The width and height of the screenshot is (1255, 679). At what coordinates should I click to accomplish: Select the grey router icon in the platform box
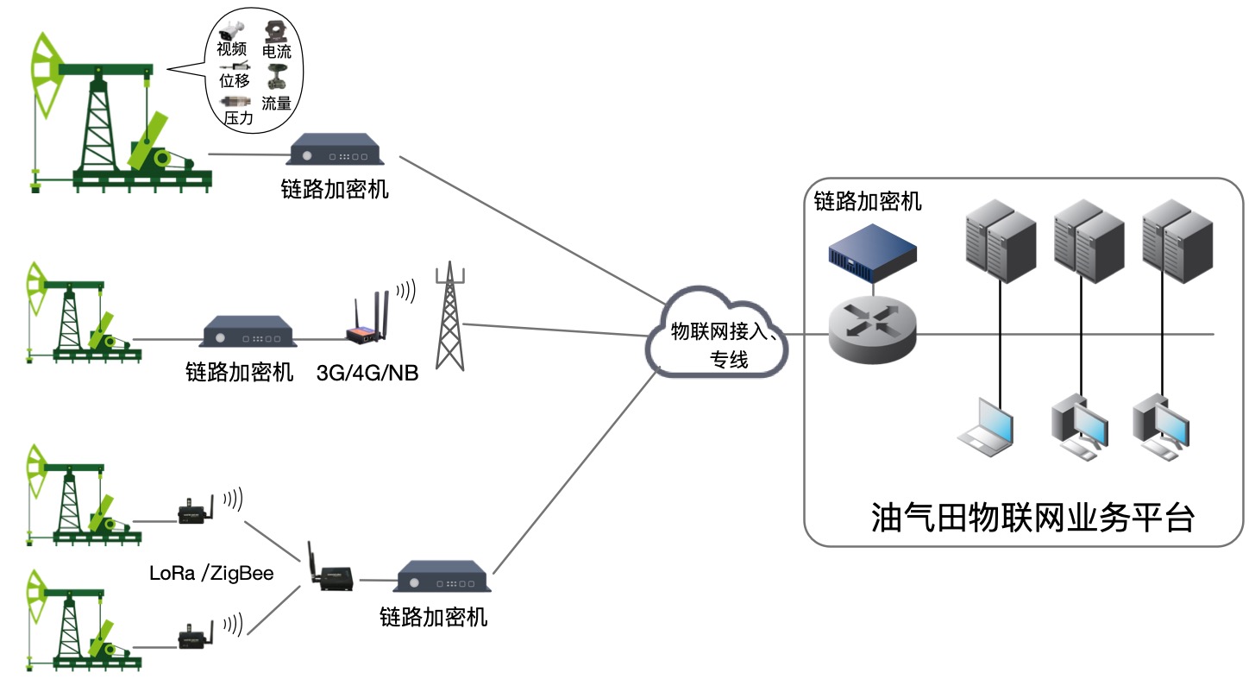(x=872, y=331)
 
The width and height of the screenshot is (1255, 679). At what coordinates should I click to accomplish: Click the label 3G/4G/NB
(x=367, y=374)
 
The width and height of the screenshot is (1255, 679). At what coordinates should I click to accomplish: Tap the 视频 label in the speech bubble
(x=232, y=49)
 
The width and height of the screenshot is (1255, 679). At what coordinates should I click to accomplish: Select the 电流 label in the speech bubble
(x=276, y=53)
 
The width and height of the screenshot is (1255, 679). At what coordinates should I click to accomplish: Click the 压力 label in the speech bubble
(x=238, y=119)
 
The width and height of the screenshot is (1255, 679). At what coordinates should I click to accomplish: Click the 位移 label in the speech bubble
(x=235, y=81)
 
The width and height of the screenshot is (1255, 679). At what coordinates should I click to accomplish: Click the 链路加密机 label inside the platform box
(x=868, y=202)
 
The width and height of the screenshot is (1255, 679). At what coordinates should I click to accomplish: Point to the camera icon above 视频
(x=232, y=30)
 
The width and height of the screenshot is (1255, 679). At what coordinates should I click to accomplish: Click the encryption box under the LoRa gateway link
(x=443, y=577)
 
